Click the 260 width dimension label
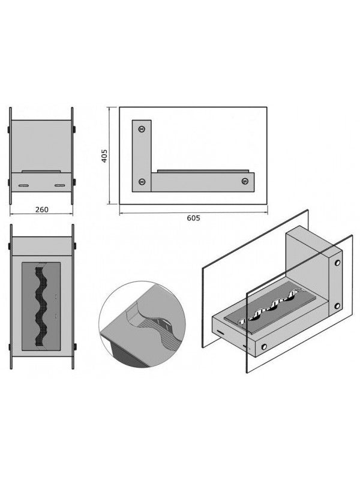pos(41,209)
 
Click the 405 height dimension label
pos(104,156)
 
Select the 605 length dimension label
pos(193,218)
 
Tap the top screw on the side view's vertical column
pos(142,129)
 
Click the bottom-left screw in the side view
pos(142,182)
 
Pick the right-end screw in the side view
pos(245,181)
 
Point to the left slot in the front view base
pos(23,185)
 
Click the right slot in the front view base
pos(59,185)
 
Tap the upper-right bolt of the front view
pos(74,129)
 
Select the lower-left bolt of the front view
pos(8,182)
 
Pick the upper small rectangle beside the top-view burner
pos(56,296)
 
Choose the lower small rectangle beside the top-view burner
pos(56,316)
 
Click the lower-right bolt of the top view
pos(74,347)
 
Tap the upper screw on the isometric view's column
pos(337,263)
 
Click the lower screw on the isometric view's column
pos(337,306)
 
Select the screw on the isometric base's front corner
pos(263,347)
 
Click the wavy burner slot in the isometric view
pos(267,308)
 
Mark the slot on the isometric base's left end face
pos(220,332)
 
